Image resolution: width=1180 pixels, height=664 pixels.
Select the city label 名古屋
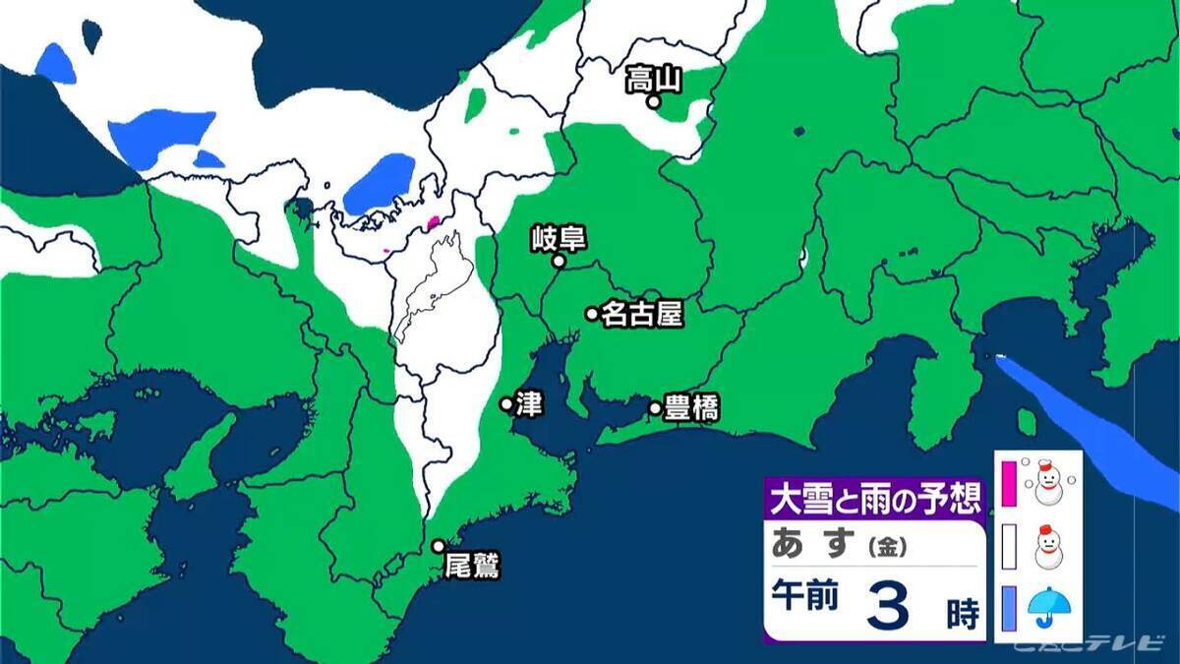(641, 314)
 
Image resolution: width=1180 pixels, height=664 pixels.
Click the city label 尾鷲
(472, 566)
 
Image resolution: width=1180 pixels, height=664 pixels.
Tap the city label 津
(528, 404)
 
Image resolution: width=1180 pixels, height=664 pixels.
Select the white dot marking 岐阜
(559, 262)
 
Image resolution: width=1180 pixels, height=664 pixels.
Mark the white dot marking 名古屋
(592, 314)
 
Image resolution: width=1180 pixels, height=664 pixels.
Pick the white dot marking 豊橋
(655, 407)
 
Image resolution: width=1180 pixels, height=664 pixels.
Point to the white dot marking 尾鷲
(439, 546)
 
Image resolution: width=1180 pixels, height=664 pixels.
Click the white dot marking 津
(506, 403)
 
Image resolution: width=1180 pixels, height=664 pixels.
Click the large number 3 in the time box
(888, 605)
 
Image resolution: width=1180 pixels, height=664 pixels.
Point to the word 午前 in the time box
(805, 596)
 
